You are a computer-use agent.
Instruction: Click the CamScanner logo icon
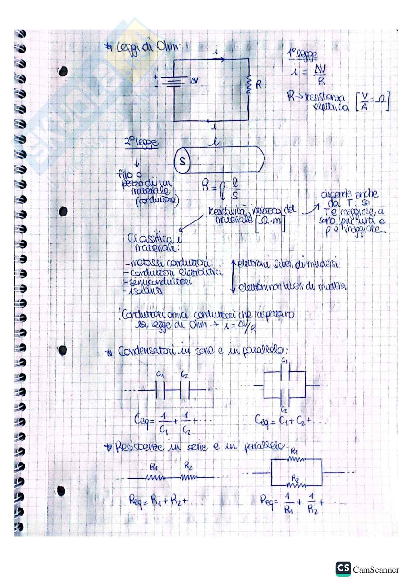tap(343, 569)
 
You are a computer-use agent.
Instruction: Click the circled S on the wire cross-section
tap(182, 161)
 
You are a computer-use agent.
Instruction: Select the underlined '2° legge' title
tap(141, 143)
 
